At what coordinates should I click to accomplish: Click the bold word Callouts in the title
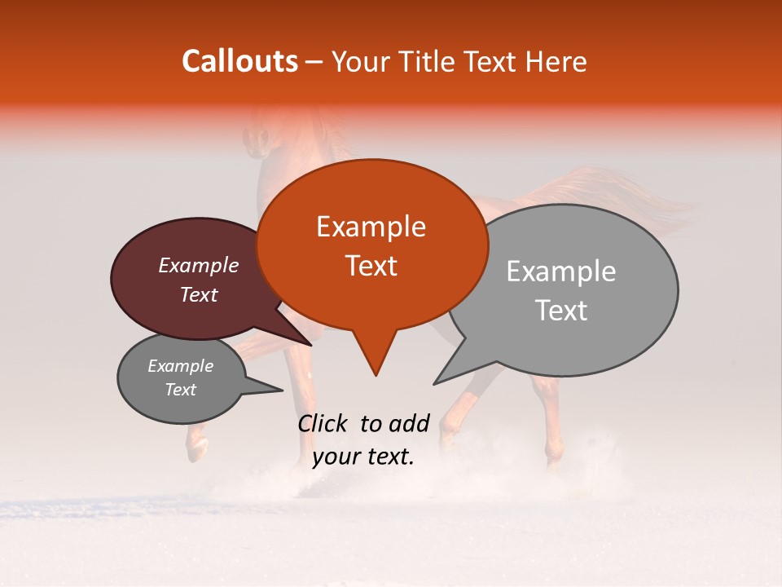(239, 61)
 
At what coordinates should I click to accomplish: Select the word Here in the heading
(556, 62)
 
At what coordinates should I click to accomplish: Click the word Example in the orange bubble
(371, 227)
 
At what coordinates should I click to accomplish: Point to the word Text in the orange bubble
(371, 266)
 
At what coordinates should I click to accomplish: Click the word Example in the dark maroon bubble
(198, 266)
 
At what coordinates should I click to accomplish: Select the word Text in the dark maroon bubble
(198, 295)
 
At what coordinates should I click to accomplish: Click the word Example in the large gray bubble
(560, 271)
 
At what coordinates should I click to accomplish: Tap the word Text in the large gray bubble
(560, 311)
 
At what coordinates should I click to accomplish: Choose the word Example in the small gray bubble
(180, 366)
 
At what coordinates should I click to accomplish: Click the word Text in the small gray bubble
(180, 390)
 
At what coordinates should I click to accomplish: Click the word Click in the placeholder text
(324, 423)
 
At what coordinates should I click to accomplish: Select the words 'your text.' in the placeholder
(363, 457)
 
